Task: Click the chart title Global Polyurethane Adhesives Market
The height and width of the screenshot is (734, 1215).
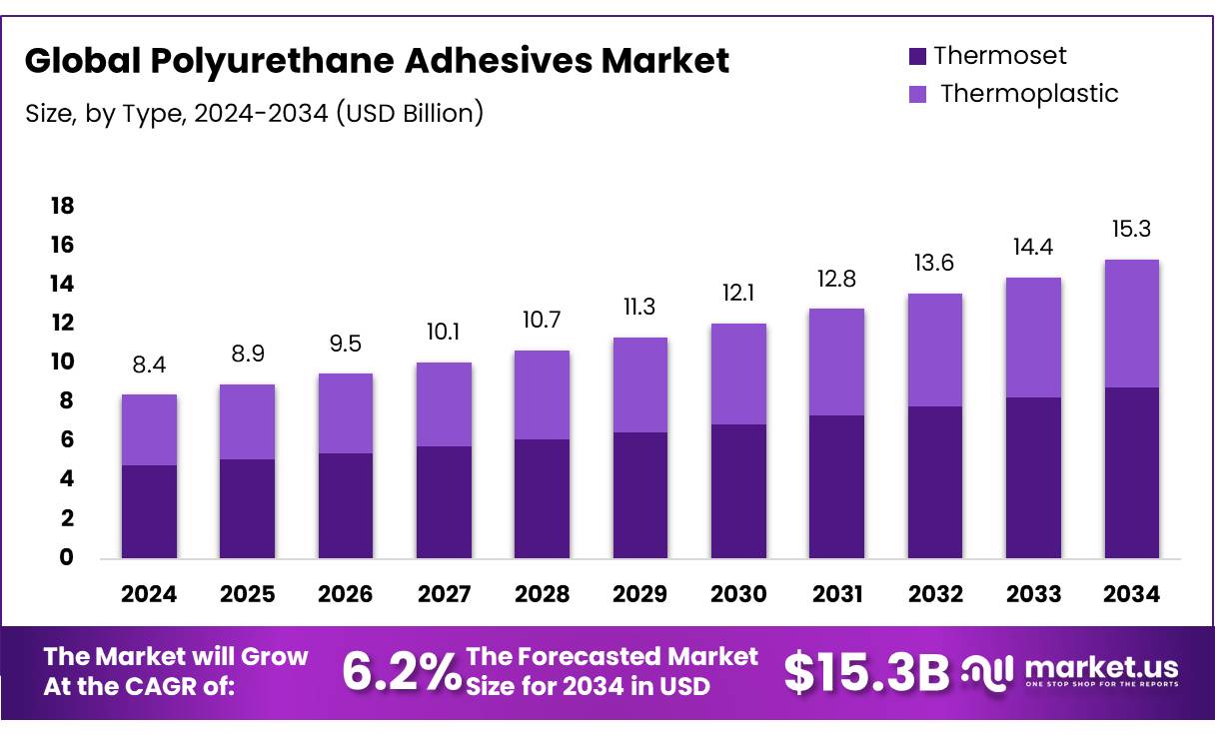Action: coord(377,62)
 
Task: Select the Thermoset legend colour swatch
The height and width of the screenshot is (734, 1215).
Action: coord(917,56)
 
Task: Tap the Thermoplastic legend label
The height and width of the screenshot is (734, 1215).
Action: coord(1029,94)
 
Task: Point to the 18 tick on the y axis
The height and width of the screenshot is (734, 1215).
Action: coord(62,207)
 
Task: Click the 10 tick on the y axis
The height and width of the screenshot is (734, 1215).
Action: coord(62,362)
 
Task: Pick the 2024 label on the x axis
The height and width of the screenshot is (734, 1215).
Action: coord(149,594)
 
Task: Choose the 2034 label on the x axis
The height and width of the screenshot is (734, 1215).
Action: coord(1131,594)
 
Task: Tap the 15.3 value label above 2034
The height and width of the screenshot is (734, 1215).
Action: coord(1131,230)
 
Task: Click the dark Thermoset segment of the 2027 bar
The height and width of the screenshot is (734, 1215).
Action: coord(444,501)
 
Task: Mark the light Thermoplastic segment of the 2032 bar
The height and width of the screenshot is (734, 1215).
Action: coord(935,350)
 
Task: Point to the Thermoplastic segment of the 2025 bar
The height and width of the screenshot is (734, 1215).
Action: coord(247,421)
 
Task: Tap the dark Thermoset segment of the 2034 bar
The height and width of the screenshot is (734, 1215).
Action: coord(1131,472)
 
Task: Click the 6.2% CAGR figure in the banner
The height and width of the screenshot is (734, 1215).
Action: coord(401,671)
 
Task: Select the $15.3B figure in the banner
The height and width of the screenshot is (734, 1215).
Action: coord(865,672)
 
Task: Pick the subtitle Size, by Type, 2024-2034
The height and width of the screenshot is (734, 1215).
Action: coord(254,113)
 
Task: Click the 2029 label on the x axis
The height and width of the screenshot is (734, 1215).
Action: coord(640,594)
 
